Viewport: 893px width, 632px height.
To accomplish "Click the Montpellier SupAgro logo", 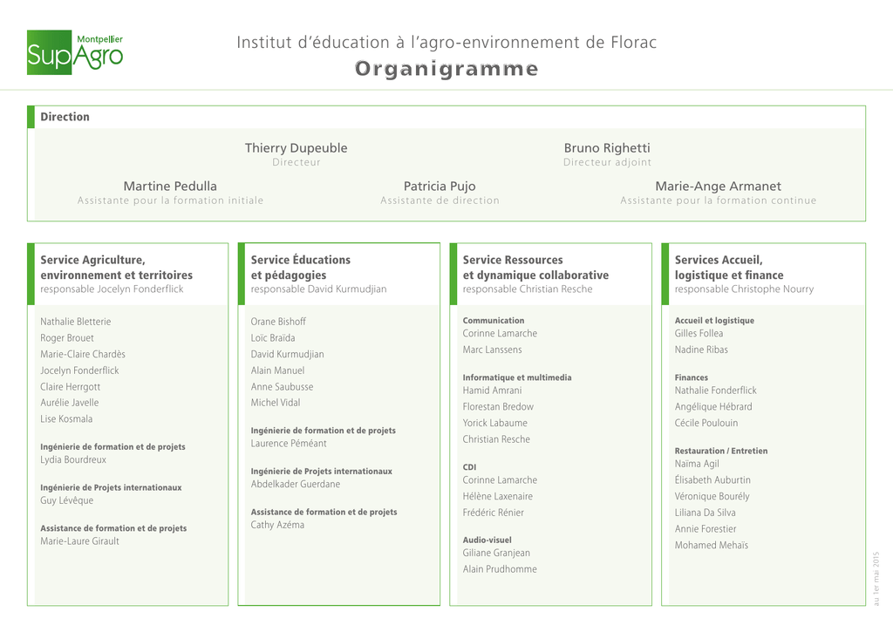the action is [x=75, y=52].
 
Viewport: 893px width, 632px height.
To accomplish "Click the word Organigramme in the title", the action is [x=446, y=69].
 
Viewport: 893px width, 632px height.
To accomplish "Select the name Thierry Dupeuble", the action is [x=297, y=148].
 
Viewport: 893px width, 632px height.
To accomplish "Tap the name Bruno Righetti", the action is [x=607, y=148].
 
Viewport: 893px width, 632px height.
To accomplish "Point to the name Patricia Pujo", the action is [x=440, y=187].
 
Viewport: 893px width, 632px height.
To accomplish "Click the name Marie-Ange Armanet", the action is [x=719, y=187].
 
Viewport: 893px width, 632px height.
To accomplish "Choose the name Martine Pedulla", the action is [x=170, y=187].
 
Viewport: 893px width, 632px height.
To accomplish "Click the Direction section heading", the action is [x=65, y=117].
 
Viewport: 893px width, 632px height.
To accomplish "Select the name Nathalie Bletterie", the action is [x=76, y=322].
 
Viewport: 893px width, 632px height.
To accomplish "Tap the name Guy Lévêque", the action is [x=66, y=500].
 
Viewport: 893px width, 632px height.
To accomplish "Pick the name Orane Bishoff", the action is [x=278, y=322].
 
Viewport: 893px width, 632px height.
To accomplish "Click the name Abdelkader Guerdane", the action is [x=296, y=484].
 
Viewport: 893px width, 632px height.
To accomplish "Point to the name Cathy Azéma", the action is [x=277, y=525].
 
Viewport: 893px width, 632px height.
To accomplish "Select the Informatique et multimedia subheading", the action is [x=517, y=377].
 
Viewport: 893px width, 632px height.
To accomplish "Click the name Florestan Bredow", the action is [x=498, y=406].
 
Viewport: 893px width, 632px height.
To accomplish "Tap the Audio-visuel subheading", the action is [x=487, y=540].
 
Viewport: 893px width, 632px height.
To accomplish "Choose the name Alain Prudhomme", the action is [x=500, y=568].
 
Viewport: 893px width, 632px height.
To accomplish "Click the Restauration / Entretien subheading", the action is [x=721, y=451].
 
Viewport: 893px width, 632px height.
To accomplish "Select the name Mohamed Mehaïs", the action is [x=712, y=545].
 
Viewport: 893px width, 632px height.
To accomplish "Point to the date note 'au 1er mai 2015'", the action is [x=876, y=579].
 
